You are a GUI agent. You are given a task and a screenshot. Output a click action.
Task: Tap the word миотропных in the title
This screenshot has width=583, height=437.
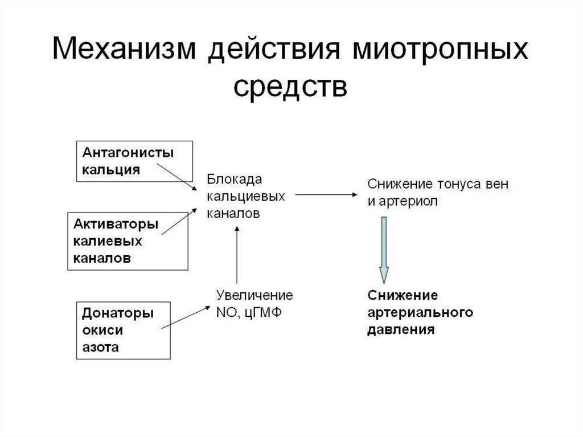coord(437,50)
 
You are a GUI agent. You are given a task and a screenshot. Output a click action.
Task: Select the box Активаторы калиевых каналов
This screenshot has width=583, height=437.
coord(128,240)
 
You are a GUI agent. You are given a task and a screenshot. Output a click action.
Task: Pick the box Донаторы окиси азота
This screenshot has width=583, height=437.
coord(124,330)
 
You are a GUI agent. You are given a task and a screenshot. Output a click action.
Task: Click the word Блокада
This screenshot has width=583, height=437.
coord(233,180)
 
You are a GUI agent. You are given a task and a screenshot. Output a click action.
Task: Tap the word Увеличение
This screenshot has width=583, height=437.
coord(254,296)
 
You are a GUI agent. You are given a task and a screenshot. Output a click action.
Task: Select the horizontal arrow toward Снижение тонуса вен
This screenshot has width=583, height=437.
coord(325,195)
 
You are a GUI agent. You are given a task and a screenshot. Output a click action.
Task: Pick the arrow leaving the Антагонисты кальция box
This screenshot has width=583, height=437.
coord(176,177)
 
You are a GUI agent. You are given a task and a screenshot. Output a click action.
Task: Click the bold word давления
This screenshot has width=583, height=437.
coord(401,329)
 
